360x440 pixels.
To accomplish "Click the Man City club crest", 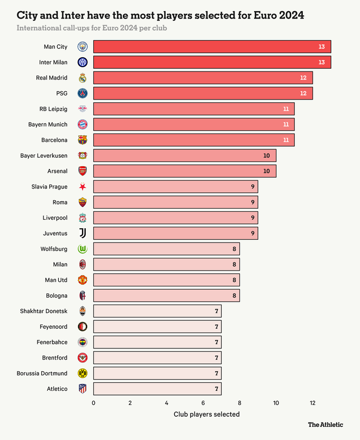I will tap(82, 47).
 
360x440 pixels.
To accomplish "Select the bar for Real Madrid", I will tap(203, 78).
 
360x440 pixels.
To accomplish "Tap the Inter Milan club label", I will tap(53, 62).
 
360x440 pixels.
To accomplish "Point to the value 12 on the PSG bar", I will tap(303, 93).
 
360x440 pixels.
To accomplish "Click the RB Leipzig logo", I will tap(82, 109).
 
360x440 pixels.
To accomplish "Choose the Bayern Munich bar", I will tap(194, 124).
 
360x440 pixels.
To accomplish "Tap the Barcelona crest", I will tap(82, 140).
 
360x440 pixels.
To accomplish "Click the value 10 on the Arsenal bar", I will tap(266, 171).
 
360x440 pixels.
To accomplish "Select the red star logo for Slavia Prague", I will tap(82, 187).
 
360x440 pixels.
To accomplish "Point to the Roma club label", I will tap(60, 202).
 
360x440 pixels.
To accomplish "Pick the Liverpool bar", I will tap(175, 218).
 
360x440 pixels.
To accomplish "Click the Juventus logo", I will tap(82, 233).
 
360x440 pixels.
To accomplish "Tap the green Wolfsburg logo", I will tap(82, 249).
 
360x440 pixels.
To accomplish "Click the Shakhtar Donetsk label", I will tap(43, 311).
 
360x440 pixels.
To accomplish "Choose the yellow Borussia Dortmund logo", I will tap(82, 373).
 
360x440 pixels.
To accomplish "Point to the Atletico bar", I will tap(157, 389).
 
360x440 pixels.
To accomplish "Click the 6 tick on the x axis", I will tap(203, 403).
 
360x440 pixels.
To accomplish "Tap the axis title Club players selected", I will tap(206, 414).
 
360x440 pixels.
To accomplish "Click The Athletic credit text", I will tap(325, 425).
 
